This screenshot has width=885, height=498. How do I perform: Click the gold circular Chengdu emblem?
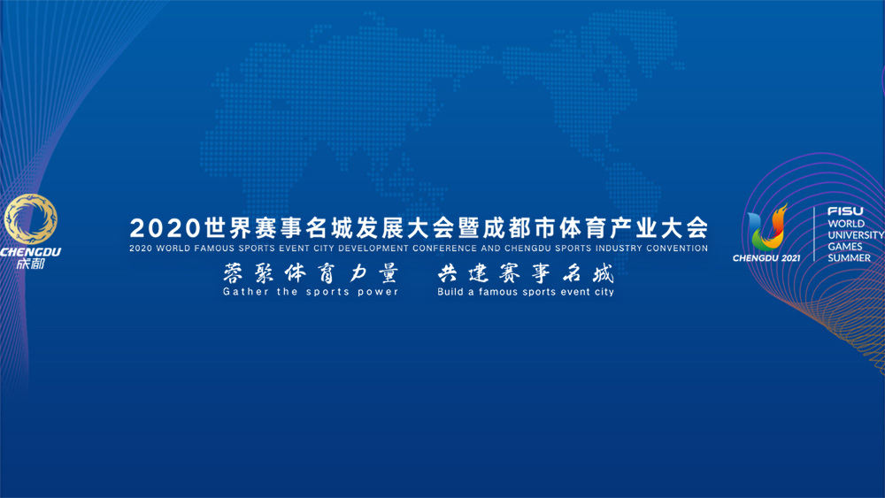tap(30, 219)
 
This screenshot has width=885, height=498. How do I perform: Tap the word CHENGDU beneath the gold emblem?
tap(30, 251)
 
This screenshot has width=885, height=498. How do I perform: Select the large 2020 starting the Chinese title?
tap(165, 228)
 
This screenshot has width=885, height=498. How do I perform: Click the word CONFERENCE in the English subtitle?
tap(445, 249)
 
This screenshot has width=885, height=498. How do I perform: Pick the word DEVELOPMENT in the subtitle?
tap(373, 249)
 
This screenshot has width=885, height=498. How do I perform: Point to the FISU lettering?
tap(845, 211)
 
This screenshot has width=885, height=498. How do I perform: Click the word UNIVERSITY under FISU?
tap(856, 234)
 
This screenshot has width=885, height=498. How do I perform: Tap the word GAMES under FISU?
tap(845, 247)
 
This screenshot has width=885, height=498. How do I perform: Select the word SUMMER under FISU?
tap(850, 257)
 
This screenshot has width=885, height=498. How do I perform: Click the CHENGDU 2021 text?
tap(766, 258)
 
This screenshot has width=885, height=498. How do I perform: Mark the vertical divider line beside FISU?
tap(814, 234)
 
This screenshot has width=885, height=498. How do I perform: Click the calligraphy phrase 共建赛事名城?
tap(526, 273)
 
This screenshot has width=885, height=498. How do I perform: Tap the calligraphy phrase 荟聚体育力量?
tap(311, 273)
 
